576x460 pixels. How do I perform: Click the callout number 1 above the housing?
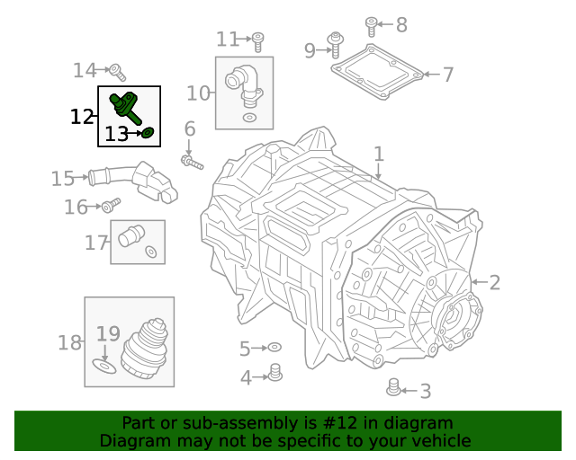click(379, 154)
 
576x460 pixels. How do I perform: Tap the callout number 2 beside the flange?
click(494, 282)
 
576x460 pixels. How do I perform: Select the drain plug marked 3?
click(393, 388)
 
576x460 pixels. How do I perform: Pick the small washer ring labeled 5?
click(275, 347)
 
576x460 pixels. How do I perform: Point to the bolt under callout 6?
click(192, 163)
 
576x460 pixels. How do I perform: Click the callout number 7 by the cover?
click(447, 75)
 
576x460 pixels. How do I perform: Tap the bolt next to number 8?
click(371, 24)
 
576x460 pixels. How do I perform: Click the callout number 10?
click(198, 93)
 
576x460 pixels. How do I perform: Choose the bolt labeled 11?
click(257, 40)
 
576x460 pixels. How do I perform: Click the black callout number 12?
click(82, 116)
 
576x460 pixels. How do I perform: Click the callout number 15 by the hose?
click(62, 179)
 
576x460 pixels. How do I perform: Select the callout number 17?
click(96, 242)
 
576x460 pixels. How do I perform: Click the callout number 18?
click(69, 342)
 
